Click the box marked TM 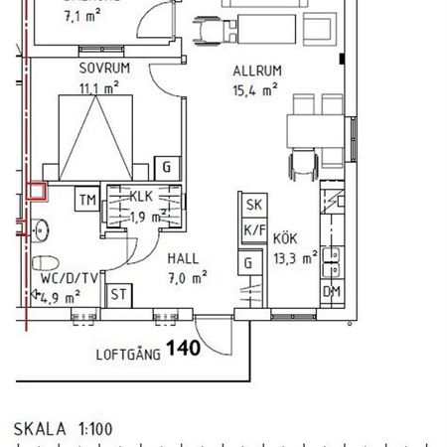pyautogui.click(x=87, y=202)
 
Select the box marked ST pyautogui.click(x=117, y=295)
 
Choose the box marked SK pyautogui.click(x=252, y=206)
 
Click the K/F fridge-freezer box pyautogui.click(x=252, y=229)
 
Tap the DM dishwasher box pyautogui.click(x=332, y=291)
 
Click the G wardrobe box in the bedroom pyautogui.click(x=167, y=167)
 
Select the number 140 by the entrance pyautogui.click(x=183, y=349)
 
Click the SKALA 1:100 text pyautogui.click(x=64, y=429)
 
